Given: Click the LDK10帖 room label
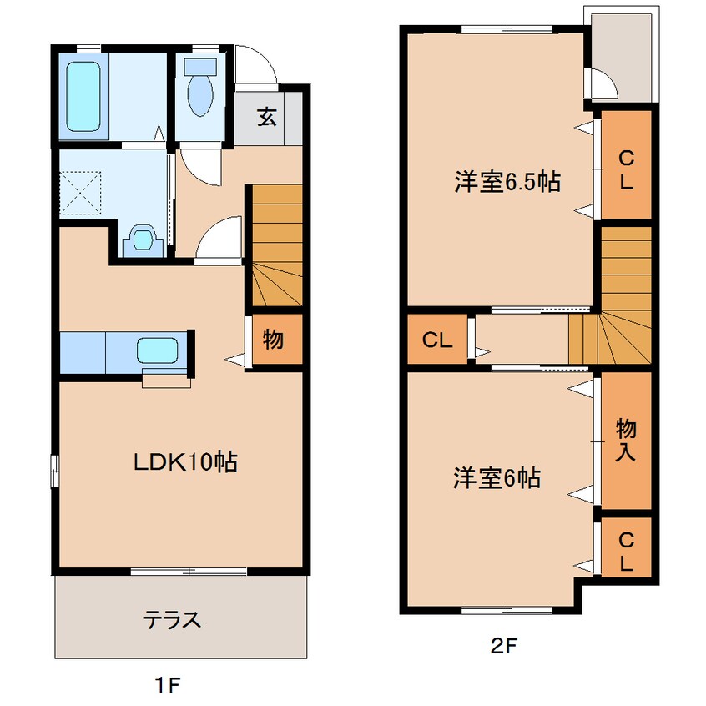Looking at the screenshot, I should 186,461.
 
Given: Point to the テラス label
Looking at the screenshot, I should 172,620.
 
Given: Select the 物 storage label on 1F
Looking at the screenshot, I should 273,340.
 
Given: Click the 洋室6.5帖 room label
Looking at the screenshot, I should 507,182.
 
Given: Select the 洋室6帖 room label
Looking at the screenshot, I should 497,478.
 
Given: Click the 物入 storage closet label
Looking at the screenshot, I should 626,440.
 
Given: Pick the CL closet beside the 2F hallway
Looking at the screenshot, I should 436,340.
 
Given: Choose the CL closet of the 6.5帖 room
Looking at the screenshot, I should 625,169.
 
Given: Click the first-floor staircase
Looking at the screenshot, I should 275,246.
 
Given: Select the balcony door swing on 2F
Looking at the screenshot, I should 602,84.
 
